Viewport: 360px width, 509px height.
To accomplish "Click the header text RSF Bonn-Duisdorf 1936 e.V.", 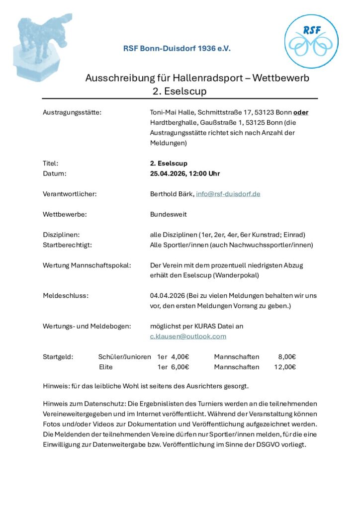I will (177, 49).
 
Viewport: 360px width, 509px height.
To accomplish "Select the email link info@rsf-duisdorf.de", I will (228, 194).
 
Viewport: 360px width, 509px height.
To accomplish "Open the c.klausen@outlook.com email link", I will (188, 337).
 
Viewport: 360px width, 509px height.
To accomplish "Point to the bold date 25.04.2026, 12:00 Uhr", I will (185, 173).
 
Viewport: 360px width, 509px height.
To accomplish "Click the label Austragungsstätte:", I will (72, 112).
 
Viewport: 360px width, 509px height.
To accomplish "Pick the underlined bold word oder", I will (301, 112).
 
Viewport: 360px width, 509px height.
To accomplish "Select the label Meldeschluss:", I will (66, 296).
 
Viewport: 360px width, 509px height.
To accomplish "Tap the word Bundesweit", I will (169, 214).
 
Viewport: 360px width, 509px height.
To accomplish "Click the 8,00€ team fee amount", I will (287, 357).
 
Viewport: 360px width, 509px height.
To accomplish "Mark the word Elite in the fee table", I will (106, 367).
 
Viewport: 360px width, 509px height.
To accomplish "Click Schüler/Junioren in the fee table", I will (125, 357).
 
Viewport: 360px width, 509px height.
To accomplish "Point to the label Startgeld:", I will (58, 357).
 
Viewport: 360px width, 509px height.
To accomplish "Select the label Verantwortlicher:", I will (70, 194).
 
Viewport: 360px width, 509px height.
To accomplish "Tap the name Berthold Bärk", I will (172, 194).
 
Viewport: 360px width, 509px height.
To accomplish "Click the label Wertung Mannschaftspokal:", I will (87, 265).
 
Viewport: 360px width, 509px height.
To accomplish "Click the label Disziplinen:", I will (62, 235).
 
